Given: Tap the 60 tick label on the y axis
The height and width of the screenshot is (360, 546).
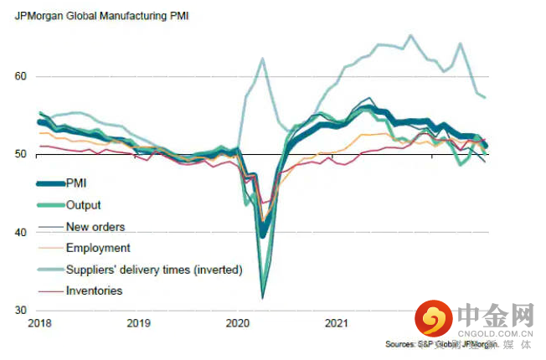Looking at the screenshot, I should pos(21,76).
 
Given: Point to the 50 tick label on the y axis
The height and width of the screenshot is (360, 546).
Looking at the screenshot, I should pos(21,154).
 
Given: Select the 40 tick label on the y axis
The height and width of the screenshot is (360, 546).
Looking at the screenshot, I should pos(21,232).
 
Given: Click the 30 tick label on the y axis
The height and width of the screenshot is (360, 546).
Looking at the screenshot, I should pos(21,310).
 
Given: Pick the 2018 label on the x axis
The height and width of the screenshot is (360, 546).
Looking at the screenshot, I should pos(39,323).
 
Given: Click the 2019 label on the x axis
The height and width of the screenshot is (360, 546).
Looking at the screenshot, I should pos(138,323).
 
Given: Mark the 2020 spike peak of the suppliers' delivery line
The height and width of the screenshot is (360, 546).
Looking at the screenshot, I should pos(262,59).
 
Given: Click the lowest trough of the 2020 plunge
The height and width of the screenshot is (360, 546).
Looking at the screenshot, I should pos(263,297).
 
